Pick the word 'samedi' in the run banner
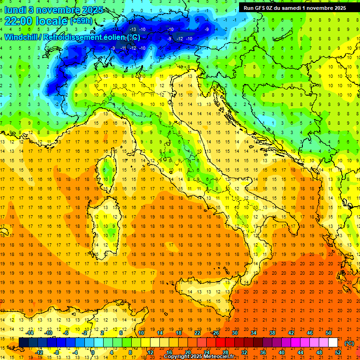pos(298,7)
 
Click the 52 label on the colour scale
pos(338,352)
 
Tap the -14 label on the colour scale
pos(30,333)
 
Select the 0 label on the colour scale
pos(92,352)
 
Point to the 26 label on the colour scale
pos(216,333)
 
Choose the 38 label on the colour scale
pos(272,333)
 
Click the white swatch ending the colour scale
pos(333,343)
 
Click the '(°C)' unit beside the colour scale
pos(349,343)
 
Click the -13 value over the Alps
pos(134,29)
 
